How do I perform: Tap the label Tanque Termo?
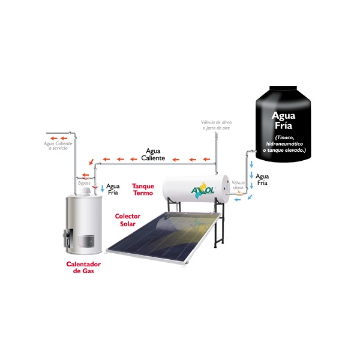point(143,190)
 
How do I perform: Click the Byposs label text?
point(85,182)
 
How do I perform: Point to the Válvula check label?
point(239,184)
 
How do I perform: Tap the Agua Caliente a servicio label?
point(58,146)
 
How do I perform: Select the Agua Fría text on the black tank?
point(283,119)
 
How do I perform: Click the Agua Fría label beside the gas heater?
point(113,190)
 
